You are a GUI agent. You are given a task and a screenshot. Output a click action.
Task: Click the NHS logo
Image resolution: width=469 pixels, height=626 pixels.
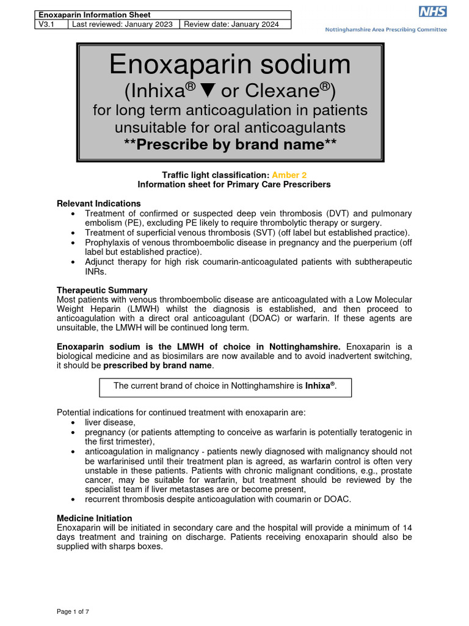coord(433,12)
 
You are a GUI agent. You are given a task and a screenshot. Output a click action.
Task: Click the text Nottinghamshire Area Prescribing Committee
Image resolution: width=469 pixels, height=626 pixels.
coord(385,29)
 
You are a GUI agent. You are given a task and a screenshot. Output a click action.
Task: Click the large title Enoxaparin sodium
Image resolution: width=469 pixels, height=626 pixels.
coord(230,64)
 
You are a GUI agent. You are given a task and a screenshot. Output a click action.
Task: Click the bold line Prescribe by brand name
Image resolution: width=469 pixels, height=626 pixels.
coord(230,144)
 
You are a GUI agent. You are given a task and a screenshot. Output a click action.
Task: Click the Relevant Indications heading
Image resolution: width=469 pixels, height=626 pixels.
coord(98,203)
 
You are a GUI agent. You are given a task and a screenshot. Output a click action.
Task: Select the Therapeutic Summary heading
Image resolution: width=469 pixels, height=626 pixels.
coord(102,290)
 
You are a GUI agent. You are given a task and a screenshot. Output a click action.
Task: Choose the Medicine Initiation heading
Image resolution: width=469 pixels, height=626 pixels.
coord(94,518)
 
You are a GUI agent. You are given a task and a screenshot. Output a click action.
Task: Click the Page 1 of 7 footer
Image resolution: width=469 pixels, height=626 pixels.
coord(73,611)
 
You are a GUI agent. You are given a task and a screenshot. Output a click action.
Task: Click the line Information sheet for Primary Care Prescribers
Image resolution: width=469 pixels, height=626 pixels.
coord(234,184)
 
